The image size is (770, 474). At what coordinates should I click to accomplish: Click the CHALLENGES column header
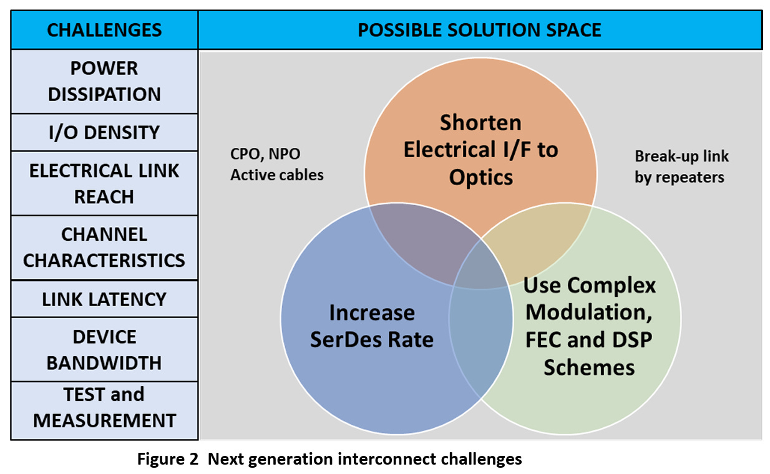coord(104,30)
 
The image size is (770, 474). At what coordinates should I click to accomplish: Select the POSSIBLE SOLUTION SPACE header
coord(479,30)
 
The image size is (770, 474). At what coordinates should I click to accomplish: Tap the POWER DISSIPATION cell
coord(104,81)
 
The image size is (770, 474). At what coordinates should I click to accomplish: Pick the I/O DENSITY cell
coord(104,132)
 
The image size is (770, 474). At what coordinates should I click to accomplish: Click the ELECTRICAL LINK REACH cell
coord(104,183)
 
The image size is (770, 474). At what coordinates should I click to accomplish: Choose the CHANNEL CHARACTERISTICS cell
coord(104,247)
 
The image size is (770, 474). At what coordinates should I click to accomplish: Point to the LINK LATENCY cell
coord(104,299)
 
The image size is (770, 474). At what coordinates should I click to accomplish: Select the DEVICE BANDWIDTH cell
coord(104,349)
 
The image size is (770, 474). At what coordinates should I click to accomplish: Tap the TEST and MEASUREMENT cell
coord(104,407)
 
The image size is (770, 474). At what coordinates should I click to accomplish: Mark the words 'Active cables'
coord(277,175)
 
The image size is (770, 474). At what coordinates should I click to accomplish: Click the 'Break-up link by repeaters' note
coord(681,167)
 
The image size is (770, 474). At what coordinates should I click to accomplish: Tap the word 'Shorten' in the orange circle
coord(480,122)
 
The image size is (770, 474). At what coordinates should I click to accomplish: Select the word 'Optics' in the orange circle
coord(480,177)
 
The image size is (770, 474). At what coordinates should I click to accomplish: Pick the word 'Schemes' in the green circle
coord(588,367)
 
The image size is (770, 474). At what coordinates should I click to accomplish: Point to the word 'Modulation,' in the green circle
coord(588,312)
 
